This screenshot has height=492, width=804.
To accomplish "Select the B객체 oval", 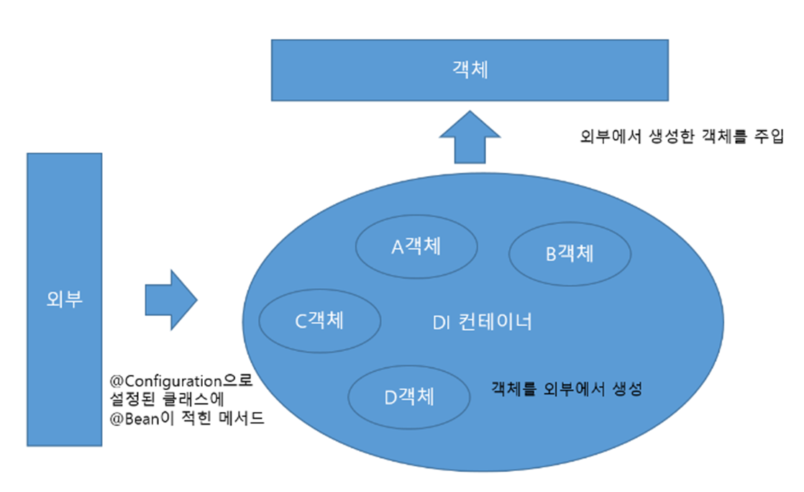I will pyautogui.click(x=570, y=253).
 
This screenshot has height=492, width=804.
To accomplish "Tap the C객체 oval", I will pyautogui.click(x=319, y=320).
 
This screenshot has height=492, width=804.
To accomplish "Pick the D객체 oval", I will pyautogui.click(x=409, y=396).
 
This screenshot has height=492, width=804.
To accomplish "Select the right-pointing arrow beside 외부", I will pyautogui.click(x=171, y=300).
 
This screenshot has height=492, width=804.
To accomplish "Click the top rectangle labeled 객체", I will pyautogui.click(x=470, y=70).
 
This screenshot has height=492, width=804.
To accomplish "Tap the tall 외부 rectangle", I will pyautogui.click(x=64, y=299).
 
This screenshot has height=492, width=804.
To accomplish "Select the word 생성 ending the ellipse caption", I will pyautogui.click(x=626, y=389).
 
